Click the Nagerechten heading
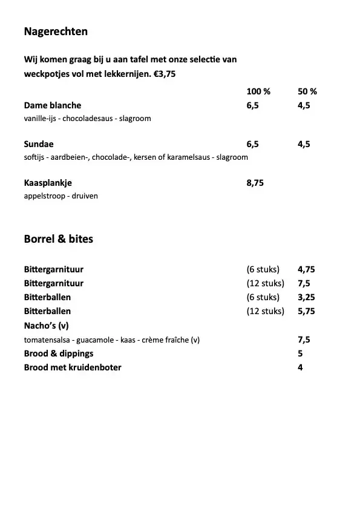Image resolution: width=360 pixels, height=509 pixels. click(x=56, y=31)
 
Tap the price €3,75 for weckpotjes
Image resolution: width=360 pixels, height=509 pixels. click(x=155, y=75)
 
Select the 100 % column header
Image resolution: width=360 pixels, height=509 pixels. click(x=258, y=92)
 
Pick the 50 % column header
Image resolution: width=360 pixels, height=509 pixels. click(x=307, y=92)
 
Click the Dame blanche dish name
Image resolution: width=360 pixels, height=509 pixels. click(x=53, y=105)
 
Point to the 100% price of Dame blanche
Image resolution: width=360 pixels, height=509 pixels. click(x=252, y=105)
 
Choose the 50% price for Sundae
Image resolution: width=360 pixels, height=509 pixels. click(x=304, y=144)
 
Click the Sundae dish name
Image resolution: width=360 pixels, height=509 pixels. click(x=39, y=144)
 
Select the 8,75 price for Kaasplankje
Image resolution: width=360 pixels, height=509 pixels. click(x=255, y=183)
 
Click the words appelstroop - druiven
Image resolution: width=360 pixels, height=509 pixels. click(x=61, y=196)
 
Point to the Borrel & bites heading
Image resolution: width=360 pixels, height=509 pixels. click(x=59, y=239)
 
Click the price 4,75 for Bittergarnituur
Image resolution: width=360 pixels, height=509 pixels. click(x=307, y=269)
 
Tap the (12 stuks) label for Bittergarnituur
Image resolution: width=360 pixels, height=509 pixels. click(x=265, y=283)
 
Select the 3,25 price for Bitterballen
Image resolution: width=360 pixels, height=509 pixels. click(x=307, y=297)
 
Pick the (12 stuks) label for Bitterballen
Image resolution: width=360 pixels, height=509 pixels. click(x=265, y=311)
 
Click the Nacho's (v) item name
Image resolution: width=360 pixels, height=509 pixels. click(x=47, y=326)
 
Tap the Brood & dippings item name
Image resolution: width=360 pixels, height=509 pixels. click(x=59, y=353)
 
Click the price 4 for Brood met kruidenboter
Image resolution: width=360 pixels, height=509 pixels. click(x=300, y=367)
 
